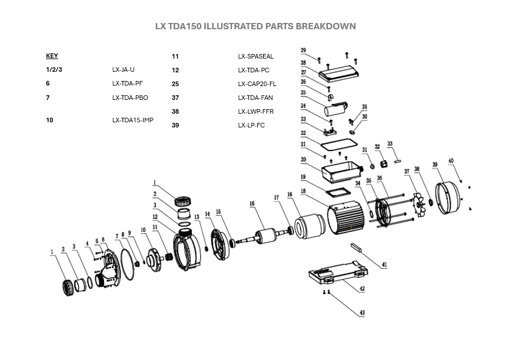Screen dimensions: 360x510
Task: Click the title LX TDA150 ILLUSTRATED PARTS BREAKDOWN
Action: (x=255, y=26)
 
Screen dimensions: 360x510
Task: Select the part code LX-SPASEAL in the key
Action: (x=256, y=56)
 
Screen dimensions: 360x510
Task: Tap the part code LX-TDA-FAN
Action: (x=256, y=98)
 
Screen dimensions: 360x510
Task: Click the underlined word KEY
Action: (x=52, y=56)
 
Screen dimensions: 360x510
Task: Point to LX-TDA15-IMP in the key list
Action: (x=133, y=121)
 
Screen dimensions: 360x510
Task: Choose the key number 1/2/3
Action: (x=54, y=69)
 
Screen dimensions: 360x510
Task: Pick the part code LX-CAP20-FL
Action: (x=257, y=84)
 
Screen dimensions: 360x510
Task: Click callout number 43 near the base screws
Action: (x=362, y=312)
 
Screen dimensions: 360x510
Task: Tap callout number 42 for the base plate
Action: (x=362, y=289)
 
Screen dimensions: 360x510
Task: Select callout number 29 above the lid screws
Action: (x=303, y=51)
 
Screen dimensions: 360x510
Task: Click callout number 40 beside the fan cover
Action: (x=451, y=161)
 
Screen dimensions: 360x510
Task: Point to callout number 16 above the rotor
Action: (x=252, y=203)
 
